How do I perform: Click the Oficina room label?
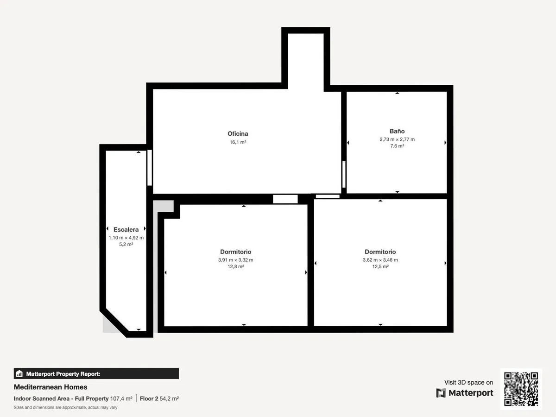point(238,133)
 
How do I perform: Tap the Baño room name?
point(397,131)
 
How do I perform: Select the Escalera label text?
point(126,229)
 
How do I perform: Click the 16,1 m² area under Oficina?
point(238,142)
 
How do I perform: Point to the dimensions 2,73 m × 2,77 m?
point(397,139)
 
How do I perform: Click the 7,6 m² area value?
point(397,146)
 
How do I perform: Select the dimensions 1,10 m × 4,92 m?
point(126,238)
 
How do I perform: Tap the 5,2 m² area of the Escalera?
point(126,244)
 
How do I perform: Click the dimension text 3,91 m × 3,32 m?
point(235,260)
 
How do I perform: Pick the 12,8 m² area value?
point(235,266)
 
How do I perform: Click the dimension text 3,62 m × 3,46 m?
point(380,260)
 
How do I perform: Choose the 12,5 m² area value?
point(380,266)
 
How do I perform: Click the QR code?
point(521,389)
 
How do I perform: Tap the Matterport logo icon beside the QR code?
point(441,393)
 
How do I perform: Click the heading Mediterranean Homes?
point(51,387)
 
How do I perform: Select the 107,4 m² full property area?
point(121,398)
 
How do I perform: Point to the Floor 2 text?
point(149,398)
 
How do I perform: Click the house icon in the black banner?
point(19,373)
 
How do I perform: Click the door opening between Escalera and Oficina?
point(150,168)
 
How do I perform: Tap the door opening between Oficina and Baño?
point(344,175)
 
